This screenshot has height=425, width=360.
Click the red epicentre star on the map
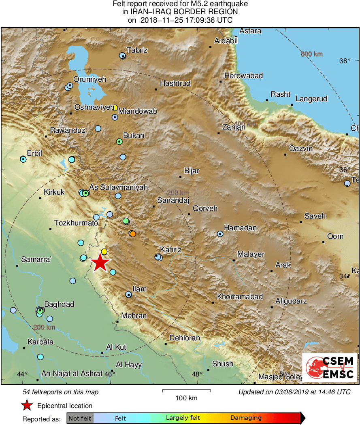pos(100,263)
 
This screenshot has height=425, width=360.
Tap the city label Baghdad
pos(59,304)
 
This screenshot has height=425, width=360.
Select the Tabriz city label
pos(137,50)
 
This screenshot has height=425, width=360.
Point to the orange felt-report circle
pos(132,234)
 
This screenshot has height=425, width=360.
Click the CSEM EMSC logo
pos(330,368)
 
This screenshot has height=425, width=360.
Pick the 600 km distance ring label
pos(311,54)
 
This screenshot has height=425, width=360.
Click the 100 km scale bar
pos(186,391)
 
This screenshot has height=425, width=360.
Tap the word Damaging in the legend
pos(246,418)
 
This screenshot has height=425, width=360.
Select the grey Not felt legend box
pos(80,418)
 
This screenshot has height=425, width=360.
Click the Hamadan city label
pos(240,228)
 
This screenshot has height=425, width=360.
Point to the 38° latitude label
pos(345,61)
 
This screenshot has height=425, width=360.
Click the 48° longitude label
pos(197,374)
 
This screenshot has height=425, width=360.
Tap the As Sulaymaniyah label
pos(118,187)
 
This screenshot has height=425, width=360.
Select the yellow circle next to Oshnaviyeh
pos(115,108)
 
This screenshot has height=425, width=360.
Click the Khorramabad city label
pos(240,297)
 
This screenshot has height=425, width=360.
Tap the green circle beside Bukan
pos(119,141)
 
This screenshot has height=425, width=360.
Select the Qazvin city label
pos(301,149)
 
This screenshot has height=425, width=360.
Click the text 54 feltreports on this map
pos(60,392)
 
